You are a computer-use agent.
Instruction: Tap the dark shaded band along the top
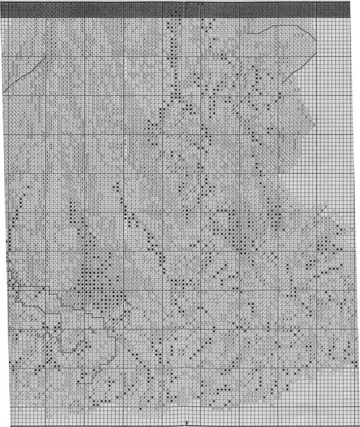(178, 9)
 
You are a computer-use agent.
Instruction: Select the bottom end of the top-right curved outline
(282, 85)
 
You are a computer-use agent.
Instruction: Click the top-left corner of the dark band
(2, 2)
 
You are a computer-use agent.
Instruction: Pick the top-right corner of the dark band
(351, 2)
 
